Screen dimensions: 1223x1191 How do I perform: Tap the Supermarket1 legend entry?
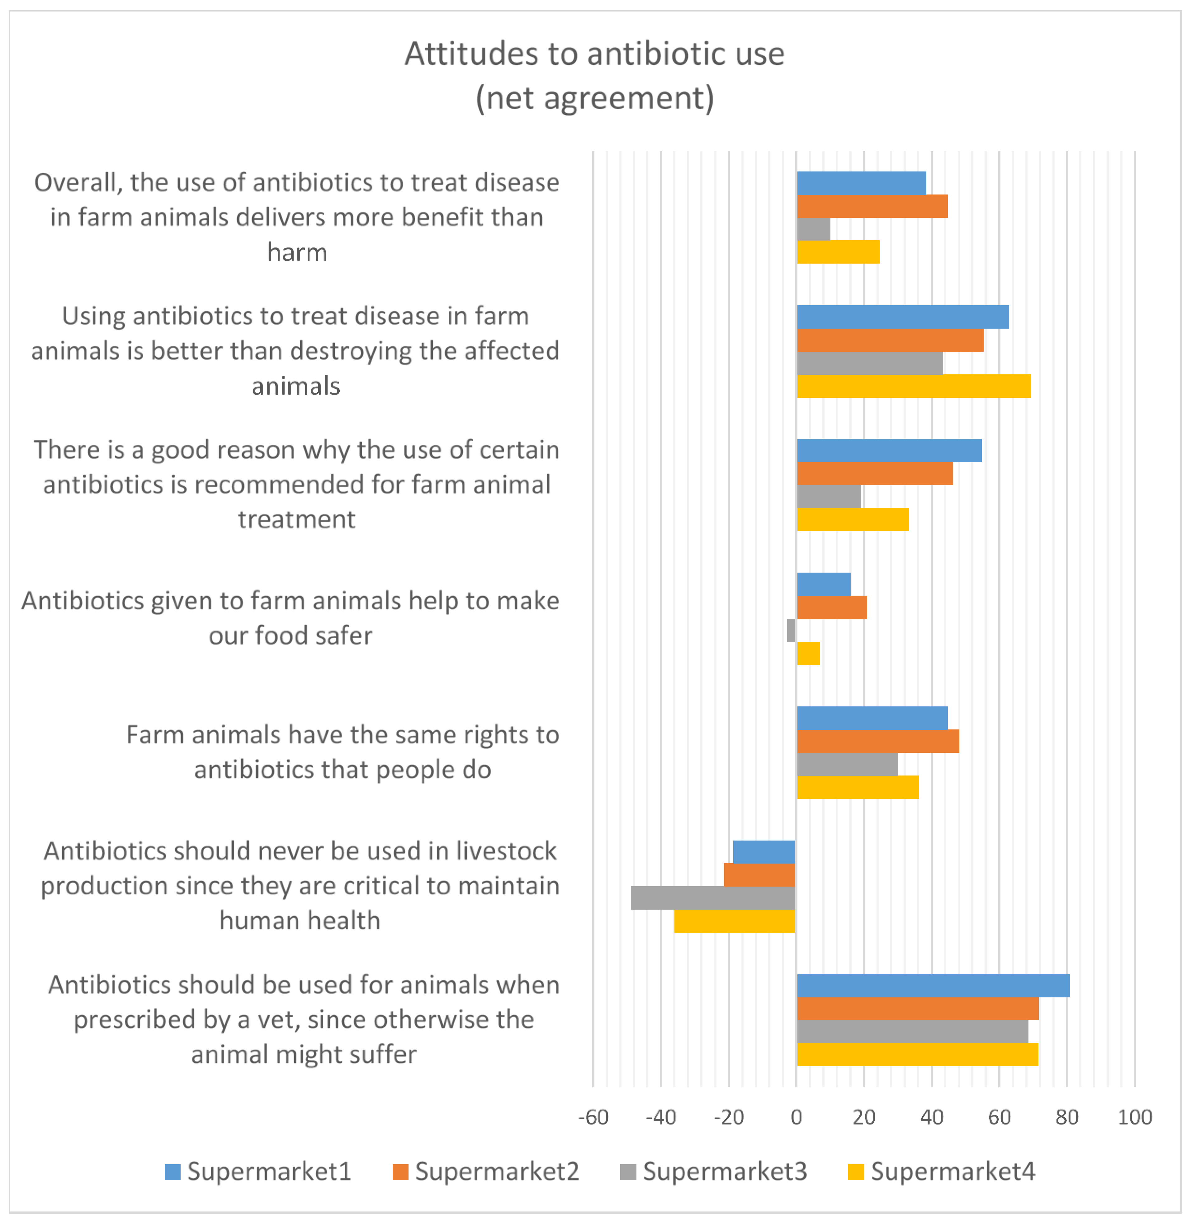[258, 1171]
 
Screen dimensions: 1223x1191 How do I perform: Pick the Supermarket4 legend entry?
[941, 1171]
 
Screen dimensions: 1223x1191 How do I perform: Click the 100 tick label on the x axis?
[1134, 1117]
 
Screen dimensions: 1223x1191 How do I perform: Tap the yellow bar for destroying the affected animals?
[913, 386]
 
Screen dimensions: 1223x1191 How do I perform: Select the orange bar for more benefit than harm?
[872, 206]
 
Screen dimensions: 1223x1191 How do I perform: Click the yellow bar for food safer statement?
[808, 654]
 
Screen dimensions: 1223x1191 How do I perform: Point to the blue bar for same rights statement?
[872, 718]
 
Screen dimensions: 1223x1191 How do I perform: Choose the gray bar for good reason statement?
[829, 496]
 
